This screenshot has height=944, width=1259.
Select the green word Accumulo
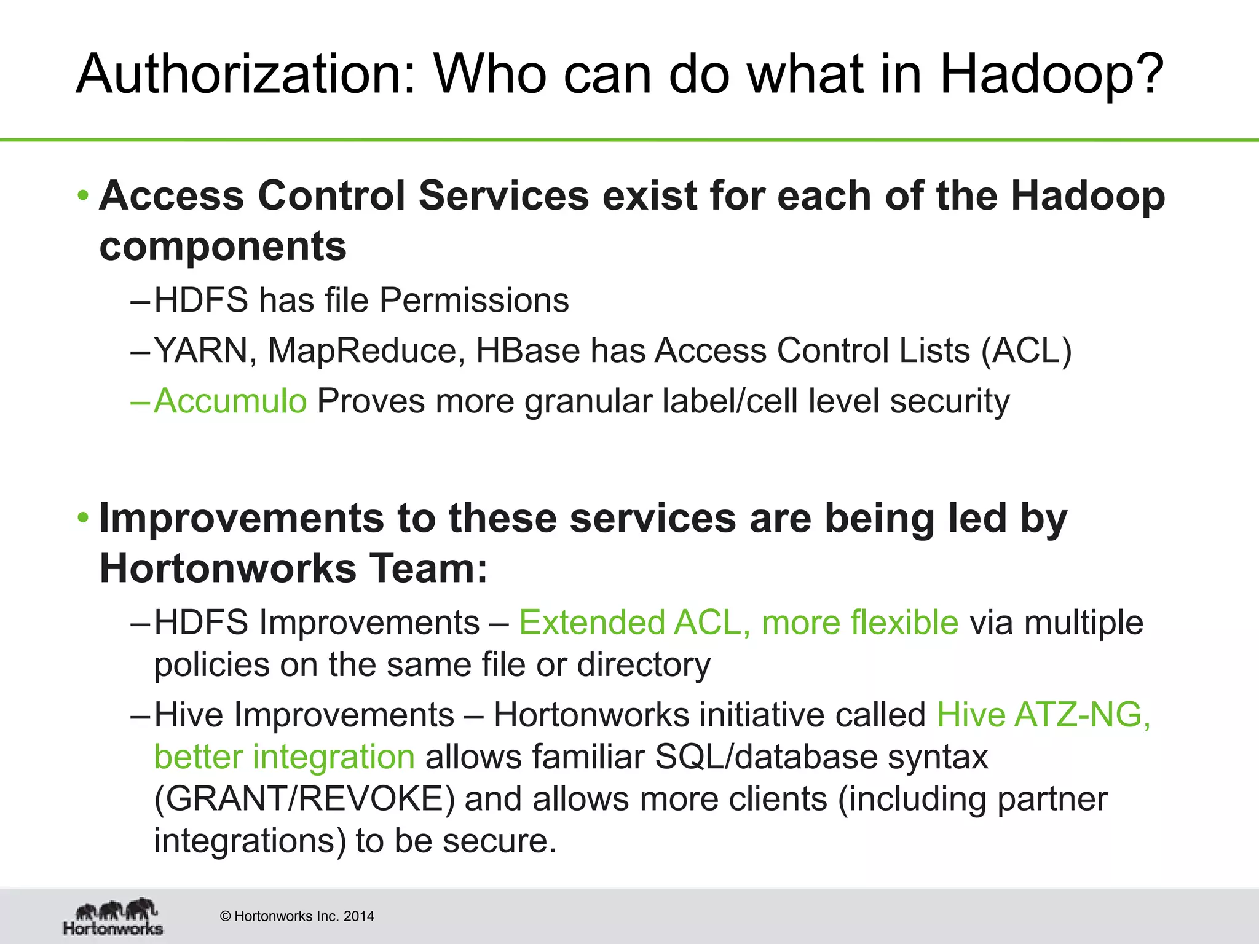pos(230,401)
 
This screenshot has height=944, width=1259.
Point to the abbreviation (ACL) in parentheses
pos(1026,351)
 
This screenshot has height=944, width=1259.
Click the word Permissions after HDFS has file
pos(474,301)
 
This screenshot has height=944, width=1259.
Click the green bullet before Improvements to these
pos(83,519)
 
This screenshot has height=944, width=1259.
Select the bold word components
pos(223,246)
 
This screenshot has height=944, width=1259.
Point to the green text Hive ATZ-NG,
pos(1043,715)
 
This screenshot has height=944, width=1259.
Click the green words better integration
pos(284,757)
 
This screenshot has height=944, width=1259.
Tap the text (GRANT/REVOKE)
pos(304,799)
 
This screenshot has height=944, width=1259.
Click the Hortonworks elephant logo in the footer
pos(114,917)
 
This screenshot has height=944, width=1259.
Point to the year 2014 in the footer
pos(359,916)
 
